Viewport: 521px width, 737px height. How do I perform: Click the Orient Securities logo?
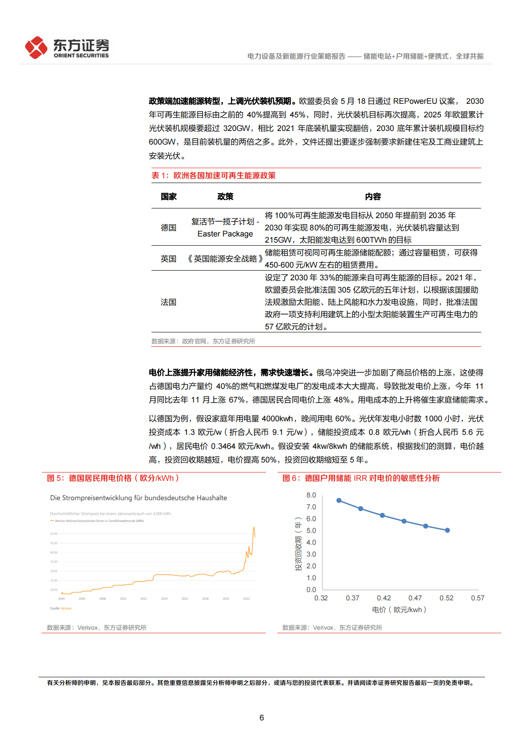coord(67,47)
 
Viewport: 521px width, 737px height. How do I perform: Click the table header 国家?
coord(169,197)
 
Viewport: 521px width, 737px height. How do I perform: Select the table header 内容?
coord(373,197)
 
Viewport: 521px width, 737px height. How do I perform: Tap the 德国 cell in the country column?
coord(169,228)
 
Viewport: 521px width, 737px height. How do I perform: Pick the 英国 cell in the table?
coord(169,259)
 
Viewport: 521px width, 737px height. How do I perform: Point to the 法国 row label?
coord(169,302)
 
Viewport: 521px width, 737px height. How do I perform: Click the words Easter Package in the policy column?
coord(225,234)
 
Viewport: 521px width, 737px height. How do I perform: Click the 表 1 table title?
coord(213,176)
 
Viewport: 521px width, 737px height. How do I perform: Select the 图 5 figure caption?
coord(113,478)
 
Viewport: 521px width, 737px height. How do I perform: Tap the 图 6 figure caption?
coord(361,478)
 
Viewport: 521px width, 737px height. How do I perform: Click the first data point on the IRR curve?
coord(339,501)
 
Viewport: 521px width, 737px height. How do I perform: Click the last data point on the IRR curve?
coord(447,530)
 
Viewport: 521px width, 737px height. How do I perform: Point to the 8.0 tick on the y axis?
coord(311,495)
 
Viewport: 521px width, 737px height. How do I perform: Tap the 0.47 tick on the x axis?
coord(415,598)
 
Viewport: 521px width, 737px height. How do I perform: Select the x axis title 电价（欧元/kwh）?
coord(399,610)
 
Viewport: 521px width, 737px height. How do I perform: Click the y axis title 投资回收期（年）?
coord(298,543)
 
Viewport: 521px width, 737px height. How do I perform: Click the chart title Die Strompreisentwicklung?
coord(138,498)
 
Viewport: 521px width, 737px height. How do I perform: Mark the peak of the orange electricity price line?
coord(254,527)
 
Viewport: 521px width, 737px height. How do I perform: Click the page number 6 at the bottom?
coord(261,718)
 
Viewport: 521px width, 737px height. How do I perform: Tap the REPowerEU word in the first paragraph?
coord(415,101)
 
